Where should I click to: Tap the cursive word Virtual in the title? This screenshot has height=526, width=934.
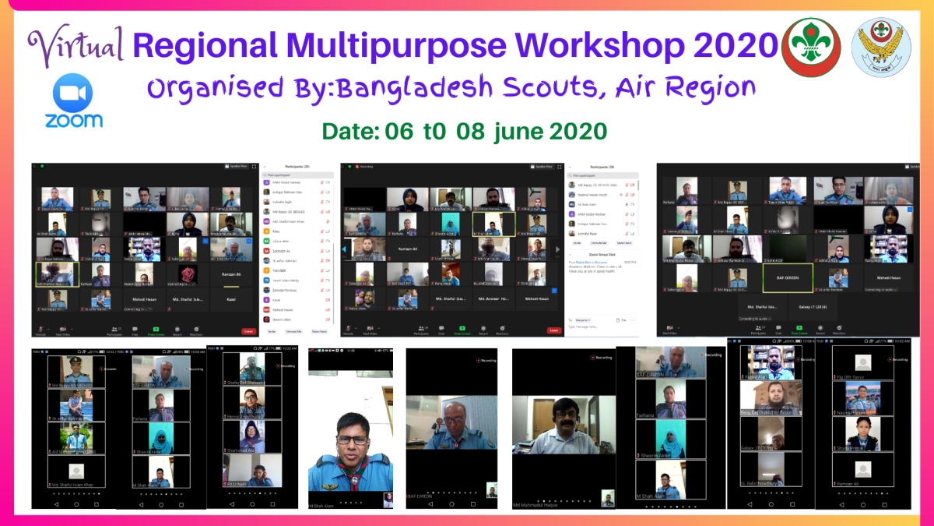(x=76, y=45)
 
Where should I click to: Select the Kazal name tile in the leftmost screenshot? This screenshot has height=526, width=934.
(x=230, y=299)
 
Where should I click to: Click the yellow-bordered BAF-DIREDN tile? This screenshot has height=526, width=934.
(x=788, y=277)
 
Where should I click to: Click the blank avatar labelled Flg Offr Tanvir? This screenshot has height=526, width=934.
(x=862, y=364)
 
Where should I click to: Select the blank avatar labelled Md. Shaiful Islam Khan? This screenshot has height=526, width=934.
(x=75, y=471)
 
